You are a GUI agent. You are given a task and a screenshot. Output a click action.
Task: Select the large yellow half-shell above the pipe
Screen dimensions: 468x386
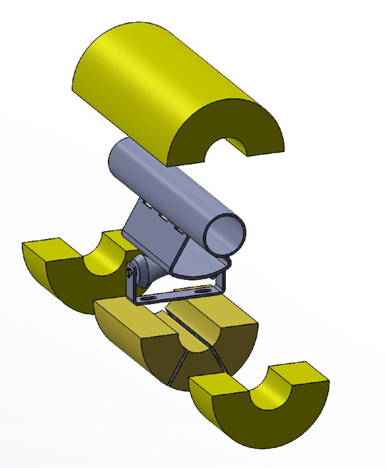161,80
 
